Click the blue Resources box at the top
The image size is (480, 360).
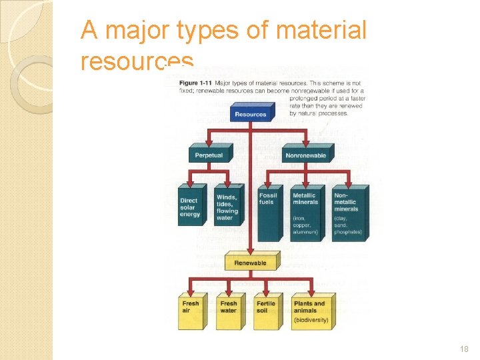(251, 114)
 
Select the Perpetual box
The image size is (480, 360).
(208, 155)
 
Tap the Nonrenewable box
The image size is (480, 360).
(306, 155)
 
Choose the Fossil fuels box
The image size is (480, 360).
(269, 212)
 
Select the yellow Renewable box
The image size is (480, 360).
(250, 263)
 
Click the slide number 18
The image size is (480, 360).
(465, 349)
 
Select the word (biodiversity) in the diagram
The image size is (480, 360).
(311, 320)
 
